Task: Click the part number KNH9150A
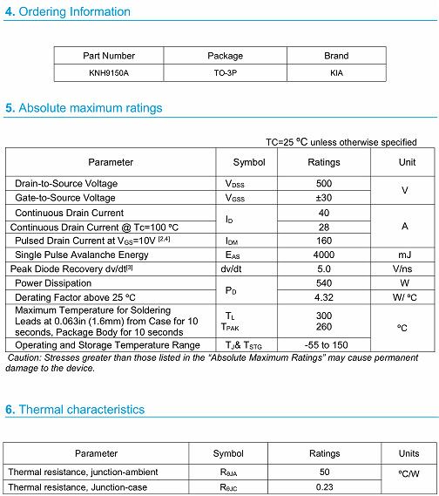109,73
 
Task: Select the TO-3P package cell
225,73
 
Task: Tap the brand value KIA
336,73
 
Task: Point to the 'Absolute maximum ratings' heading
90,108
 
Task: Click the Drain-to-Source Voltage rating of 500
324,184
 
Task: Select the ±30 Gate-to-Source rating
324,198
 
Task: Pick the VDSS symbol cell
234,184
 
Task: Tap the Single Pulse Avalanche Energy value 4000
324,255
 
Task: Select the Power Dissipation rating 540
324,283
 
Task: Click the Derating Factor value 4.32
324,297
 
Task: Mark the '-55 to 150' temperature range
324,345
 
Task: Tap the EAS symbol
233,255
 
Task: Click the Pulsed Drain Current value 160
324,241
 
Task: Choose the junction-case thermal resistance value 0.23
324,486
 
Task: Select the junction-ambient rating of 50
324,472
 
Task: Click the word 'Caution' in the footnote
24,358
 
